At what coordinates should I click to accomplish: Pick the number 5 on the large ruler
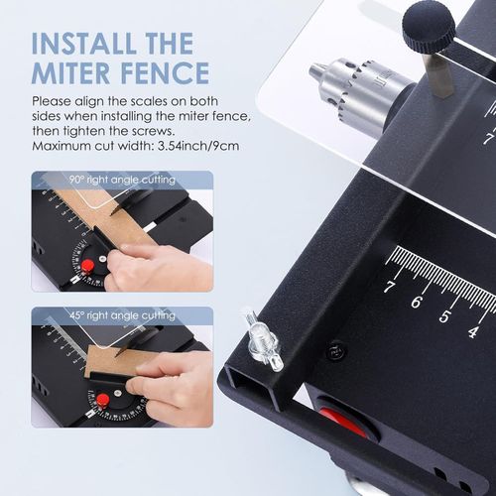(x=445, y=315)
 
